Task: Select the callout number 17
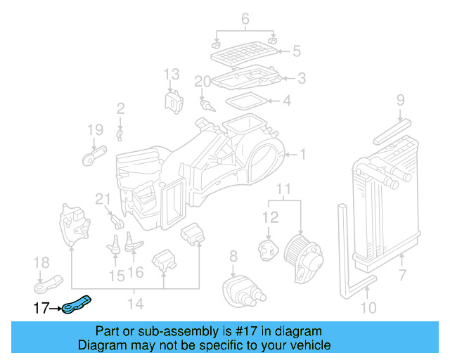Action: [x=41, y=307]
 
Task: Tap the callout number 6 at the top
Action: [x=245, y=20]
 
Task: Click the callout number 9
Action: [x=400, y=100]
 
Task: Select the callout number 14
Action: [x=135, y=304]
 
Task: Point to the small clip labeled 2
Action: [x=120, y=131]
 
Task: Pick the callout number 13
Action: [x=172, y=74]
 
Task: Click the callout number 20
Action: [x=202, y=82]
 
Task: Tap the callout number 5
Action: [x=296, y=51]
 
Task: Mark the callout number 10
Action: [x=368, y=307]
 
